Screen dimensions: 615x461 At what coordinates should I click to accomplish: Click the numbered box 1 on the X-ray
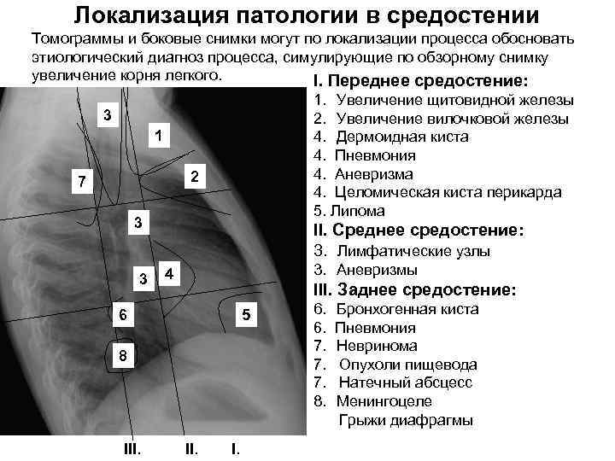point(158,137)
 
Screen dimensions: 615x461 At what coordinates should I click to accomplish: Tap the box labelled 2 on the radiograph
point(195,177)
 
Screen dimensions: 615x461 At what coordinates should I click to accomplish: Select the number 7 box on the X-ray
point(79,182)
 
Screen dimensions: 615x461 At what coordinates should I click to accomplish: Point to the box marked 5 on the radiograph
point(245,314)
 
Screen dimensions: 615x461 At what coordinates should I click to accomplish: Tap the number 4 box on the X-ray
point(170,274)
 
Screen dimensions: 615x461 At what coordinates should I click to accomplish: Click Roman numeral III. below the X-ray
point(132,447)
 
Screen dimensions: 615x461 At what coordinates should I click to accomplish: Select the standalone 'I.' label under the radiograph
point(235,447)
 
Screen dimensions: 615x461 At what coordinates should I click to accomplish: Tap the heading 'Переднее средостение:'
point(428,81)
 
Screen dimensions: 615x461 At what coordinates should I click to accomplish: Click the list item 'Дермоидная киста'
point(401,137)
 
